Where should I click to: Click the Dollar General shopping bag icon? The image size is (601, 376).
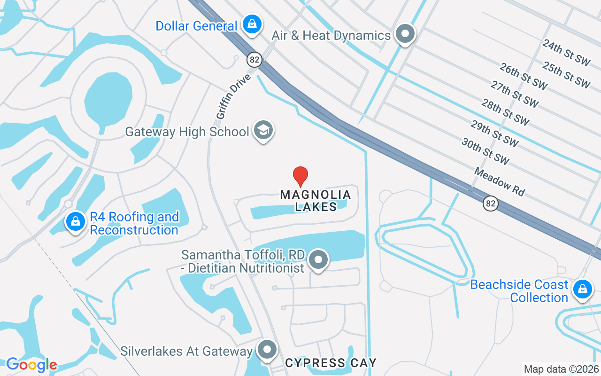click(252, 23)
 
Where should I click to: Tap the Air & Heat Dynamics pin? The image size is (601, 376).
click(405, 34)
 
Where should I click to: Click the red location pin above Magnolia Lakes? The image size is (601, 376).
click(300, 176)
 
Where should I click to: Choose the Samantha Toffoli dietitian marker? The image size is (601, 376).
click(319, 259)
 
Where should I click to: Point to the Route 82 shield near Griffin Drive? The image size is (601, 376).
click(254, 60)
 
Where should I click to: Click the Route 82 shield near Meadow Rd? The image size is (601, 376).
click(491, 204)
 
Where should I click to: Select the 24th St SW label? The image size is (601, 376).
click(566, 52)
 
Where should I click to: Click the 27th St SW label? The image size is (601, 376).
click(515, 93)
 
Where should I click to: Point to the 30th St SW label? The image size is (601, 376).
click(485, 151)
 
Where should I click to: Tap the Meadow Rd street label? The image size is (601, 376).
click(499, 182)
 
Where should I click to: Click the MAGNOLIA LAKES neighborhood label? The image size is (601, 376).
click(316, 201)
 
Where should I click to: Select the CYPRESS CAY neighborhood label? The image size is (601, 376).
click(331, 363)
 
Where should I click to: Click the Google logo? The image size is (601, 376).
click(31, 365)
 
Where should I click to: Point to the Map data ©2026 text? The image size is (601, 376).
click(561, 369)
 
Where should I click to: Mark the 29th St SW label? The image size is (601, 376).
click(494, 133)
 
